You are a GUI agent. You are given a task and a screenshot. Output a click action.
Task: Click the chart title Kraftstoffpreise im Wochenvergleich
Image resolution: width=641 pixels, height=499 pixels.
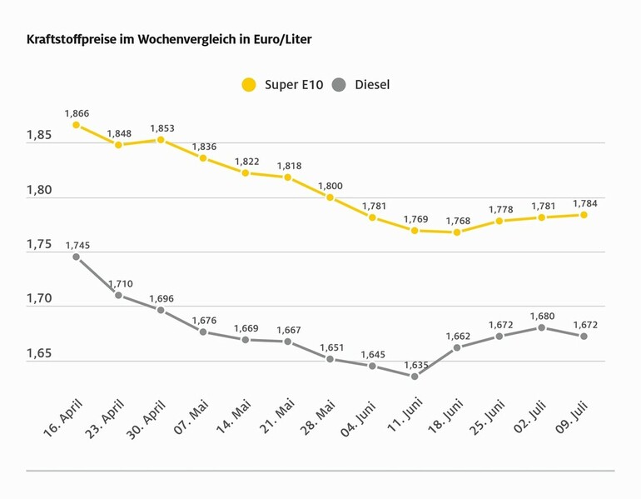(169, 39)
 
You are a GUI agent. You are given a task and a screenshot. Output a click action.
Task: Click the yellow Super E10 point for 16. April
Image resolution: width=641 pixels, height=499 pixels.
(76, 125)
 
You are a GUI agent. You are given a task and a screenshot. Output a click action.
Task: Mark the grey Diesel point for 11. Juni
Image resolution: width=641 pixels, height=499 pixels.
(415, 376)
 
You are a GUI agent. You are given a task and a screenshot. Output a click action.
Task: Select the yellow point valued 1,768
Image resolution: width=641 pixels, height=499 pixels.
(457, 232)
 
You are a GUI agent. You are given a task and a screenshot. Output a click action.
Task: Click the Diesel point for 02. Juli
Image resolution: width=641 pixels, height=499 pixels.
(542, 327)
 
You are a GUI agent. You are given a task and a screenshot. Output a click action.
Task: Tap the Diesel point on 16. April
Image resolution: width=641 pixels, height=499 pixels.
(76, 257)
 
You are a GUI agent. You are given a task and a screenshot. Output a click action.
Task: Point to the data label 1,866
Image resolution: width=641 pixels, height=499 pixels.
(76, 113)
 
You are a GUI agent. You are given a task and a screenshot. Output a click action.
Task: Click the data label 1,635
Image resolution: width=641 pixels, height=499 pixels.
(415, 364)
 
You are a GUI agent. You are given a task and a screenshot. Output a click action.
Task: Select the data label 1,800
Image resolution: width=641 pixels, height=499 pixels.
(330, 186)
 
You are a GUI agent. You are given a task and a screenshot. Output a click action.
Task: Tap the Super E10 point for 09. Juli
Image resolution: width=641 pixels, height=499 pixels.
(584, 215)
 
